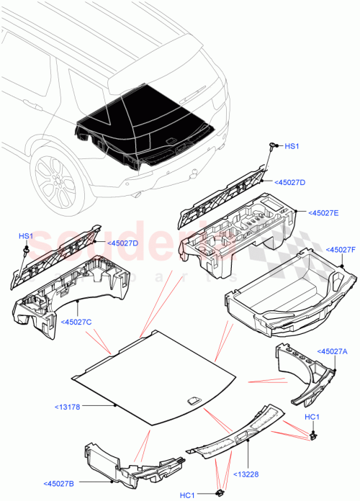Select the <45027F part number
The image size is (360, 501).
pos(342,250)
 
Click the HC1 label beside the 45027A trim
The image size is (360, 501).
pos(312,417)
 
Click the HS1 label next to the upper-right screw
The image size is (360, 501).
pos(291,146)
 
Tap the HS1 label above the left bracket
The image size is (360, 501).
pos(25,236)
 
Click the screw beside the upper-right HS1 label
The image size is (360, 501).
pos(274,147)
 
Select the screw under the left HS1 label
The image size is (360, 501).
pos(25,250)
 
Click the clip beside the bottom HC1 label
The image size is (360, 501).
pos(217,492)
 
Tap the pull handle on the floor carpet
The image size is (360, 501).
pos(194,401)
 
